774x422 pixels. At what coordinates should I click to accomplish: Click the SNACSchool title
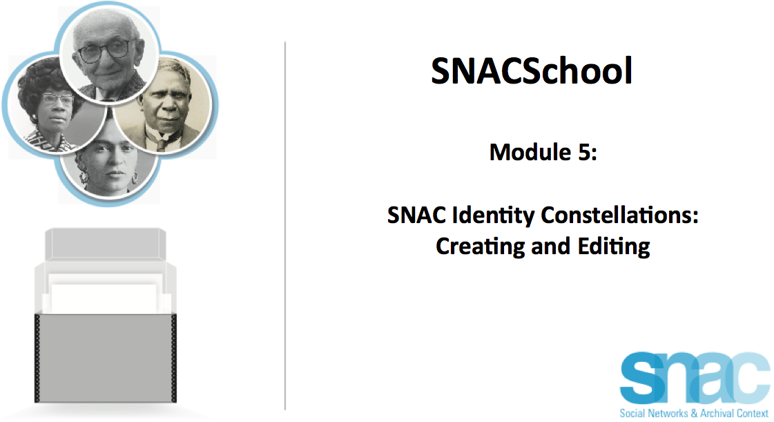point(531,70)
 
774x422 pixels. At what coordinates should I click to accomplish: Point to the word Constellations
point(619,215)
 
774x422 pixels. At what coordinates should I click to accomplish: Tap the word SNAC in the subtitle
point(416,215)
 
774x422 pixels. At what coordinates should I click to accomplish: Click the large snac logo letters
point(695,378)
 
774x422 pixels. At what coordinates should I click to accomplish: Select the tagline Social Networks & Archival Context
point(694,413)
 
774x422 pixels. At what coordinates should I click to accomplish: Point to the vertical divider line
point(285,226)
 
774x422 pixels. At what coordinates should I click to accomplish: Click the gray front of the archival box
point(105,358)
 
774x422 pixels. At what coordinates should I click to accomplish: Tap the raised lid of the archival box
point(105,243)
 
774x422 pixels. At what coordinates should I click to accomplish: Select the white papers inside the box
point(105,294)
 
